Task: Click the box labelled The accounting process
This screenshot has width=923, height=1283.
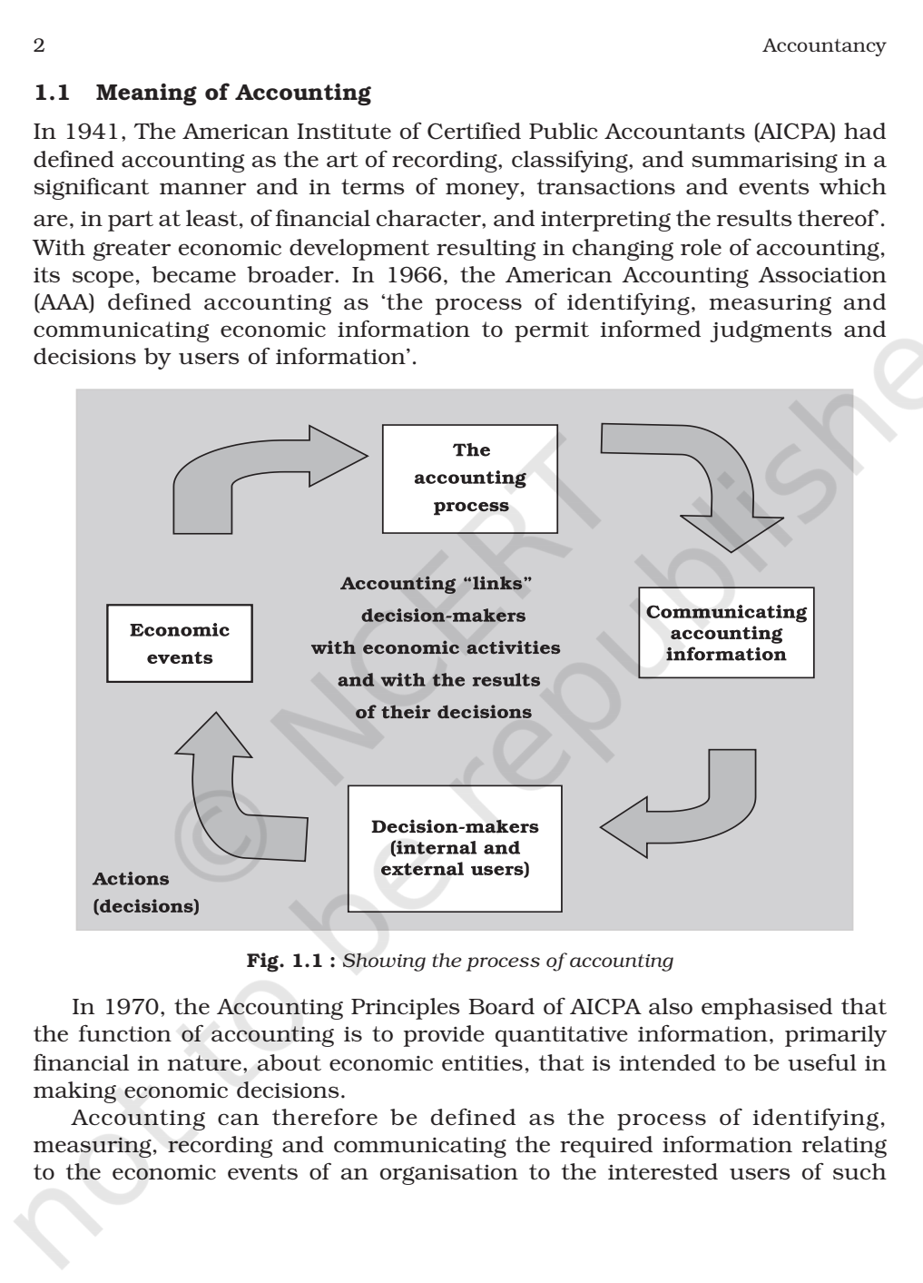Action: (469, 479)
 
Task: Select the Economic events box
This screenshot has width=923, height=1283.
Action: (180, 644)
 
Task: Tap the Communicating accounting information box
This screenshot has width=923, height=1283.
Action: (725, 633)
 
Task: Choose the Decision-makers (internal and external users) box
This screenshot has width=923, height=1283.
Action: (455, 847)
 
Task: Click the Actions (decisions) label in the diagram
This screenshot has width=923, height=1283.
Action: (145, 892)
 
